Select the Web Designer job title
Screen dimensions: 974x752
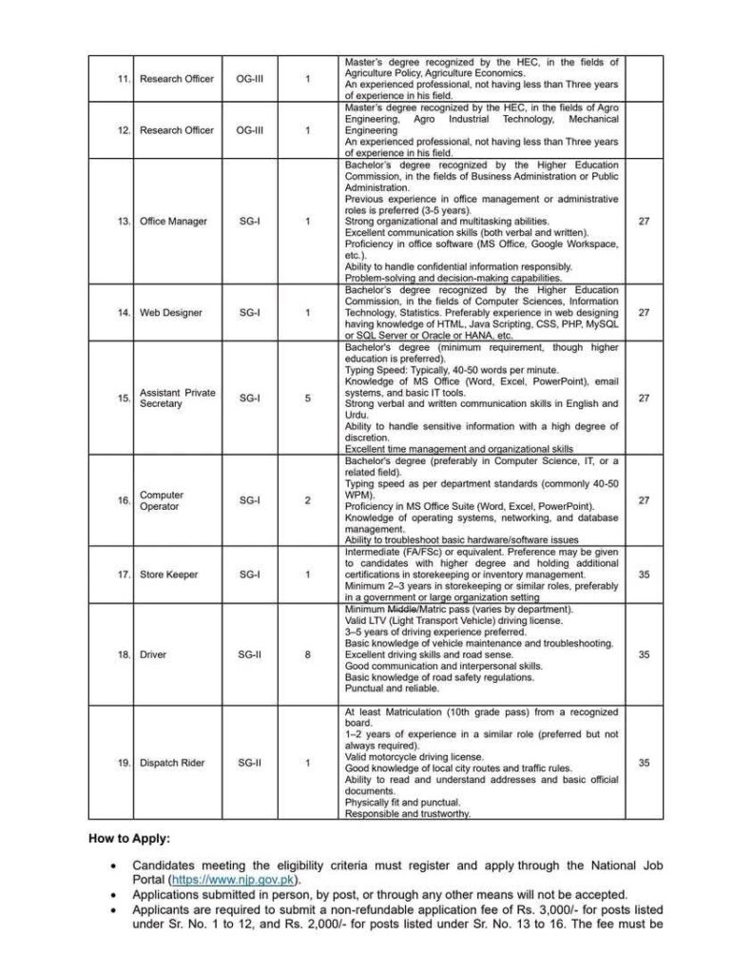170,312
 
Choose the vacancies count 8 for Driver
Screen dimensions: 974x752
307,654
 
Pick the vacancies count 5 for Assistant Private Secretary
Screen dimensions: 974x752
307,398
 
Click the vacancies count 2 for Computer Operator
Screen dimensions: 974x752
307,500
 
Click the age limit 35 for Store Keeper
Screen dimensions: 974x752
643,574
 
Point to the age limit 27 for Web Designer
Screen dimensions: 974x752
643,312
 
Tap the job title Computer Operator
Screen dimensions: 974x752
162,500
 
